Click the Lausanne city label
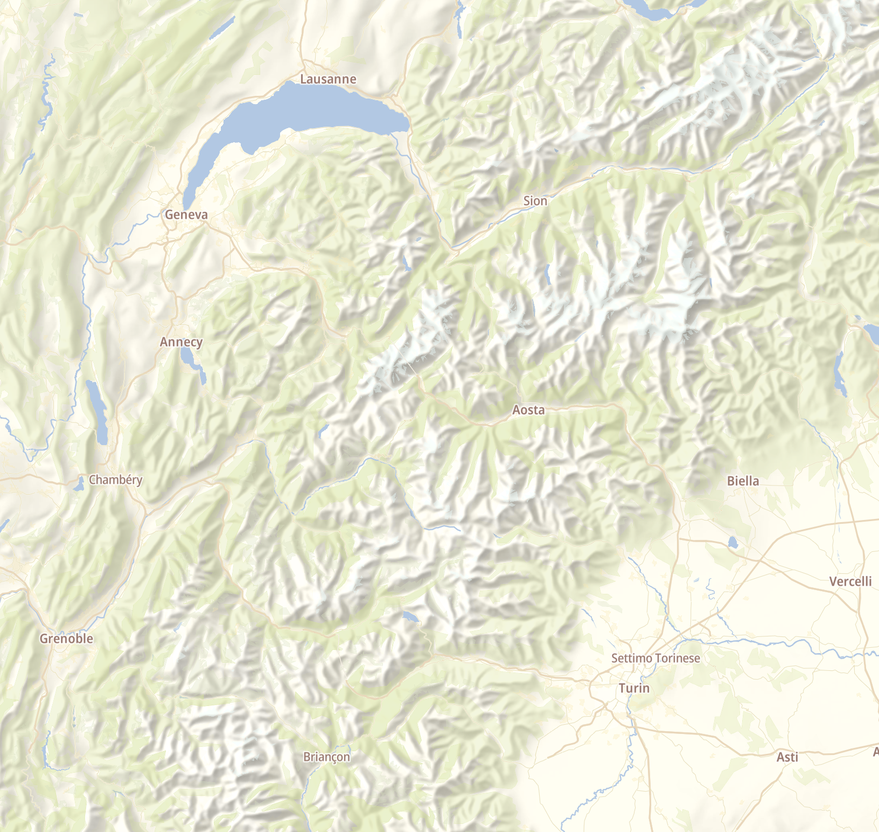(328, 79)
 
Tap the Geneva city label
(186, 214)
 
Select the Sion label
(535, 201)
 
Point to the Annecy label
(181, 342)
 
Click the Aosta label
(528, 410)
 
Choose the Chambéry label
(115, 480)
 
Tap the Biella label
(743, 481)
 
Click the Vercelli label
(850, 581)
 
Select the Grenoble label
(66, 639)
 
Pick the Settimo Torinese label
(655, 658)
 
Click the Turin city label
(634, 688)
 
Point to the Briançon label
(326, 757)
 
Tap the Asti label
(787, 757)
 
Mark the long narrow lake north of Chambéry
(97, 410)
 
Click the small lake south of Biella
(732, 542)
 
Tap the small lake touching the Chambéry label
(79, 485)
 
